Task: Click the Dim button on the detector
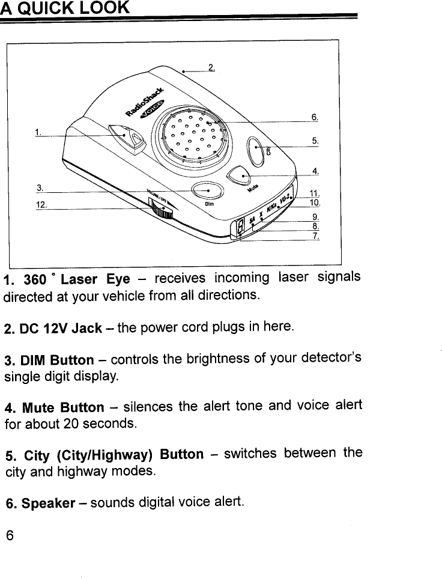(x=207, y=190)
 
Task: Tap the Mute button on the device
(x=240, y=175)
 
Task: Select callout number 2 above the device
(x=211, y=66)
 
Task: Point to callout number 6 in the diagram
(x=314, y=117)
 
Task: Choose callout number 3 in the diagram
(x=40, y=187)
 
